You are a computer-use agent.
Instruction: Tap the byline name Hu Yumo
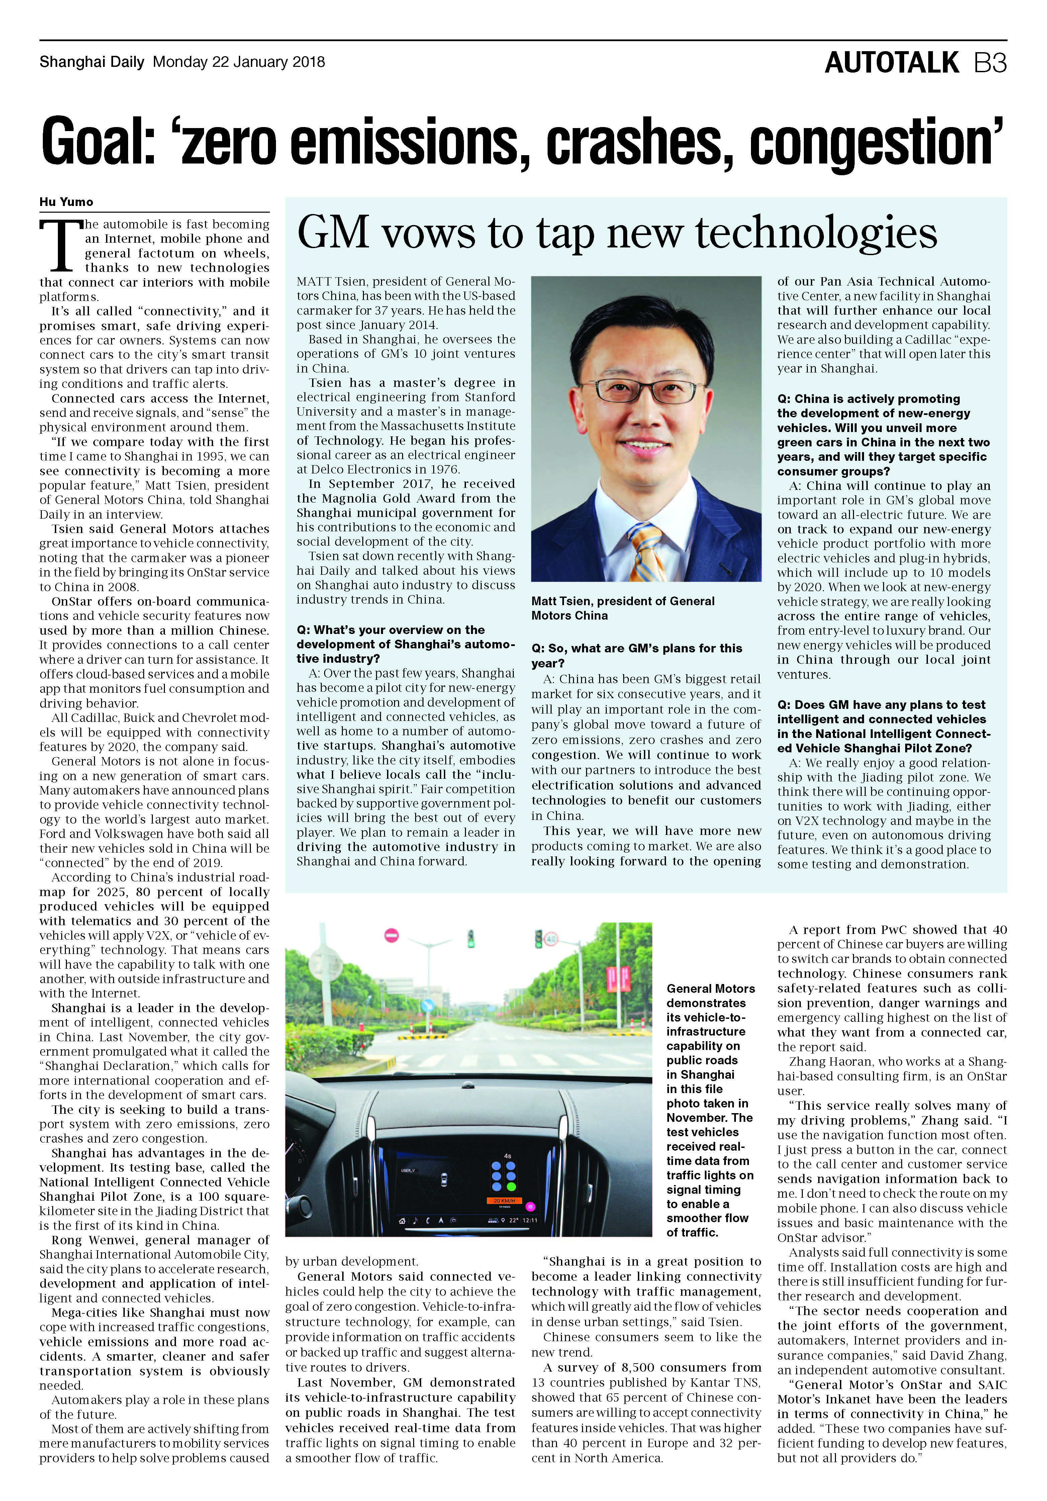tap(66, 202)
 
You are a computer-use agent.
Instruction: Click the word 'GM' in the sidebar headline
tap(331, 233)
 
